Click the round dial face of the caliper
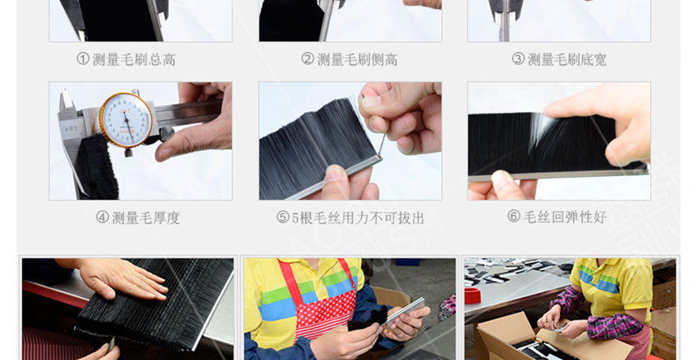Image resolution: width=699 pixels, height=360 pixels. (126, 120)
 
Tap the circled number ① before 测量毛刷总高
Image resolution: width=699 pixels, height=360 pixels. (83, 58)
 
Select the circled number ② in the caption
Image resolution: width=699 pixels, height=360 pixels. (307, 58)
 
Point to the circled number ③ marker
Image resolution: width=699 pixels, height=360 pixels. (518, 58)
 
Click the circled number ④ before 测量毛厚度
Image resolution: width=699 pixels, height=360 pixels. (103, 217)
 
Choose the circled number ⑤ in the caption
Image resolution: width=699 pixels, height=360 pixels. (283, 217)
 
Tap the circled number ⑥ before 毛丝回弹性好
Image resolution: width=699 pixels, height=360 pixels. (514, 216)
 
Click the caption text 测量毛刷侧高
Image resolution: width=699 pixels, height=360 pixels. (357, 59)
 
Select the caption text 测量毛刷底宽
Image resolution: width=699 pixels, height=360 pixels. (566, 59)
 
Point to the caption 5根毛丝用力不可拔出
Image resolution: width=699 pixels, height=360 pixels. (358, 217)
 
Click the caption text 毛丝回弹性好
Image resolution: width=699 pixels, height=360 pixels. (565, 217)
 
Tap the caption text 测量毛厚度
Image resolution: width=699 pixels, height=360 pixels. (145, 217)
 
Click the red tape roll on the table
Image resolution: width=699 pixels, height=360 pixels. (472, 296)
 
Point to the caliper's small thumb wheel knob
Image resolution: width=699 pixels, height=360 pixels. (165, 133)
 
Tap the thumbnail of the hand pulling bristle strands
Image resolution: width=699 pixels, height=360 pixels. (350, 141)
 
